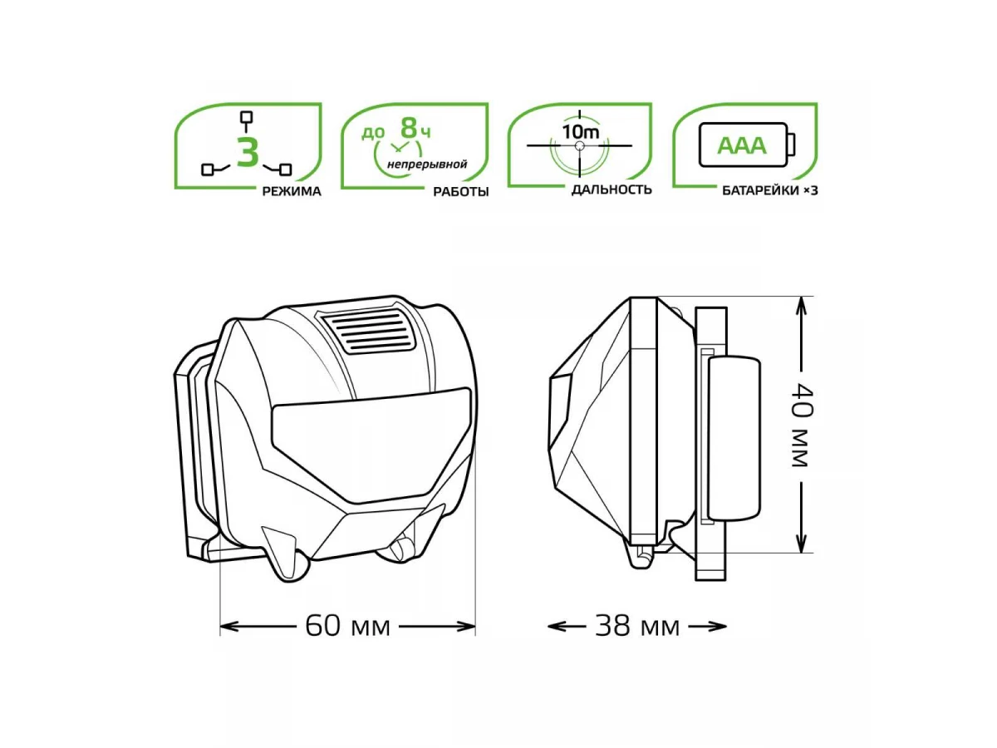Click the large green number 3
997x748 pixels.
click(x=248, y=152)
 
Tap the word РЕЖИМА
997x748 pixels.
click(x=292, y=191)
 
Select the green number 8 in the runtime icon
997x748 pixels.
click(x=408, y=128)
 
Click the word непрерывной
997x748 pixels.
click(x=426, y=164)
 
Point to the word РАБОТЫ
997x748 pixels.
click(x=460, y=192)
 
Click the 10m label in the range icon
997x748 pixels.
click(x=581, y=131)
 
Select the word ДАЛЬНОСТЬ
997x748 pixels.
click(x=611, y=189)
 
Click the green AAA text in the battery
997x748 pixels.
click(x=741, y=145)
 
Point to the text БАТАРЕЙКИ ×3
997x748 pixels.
click(x=770, y=191)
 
